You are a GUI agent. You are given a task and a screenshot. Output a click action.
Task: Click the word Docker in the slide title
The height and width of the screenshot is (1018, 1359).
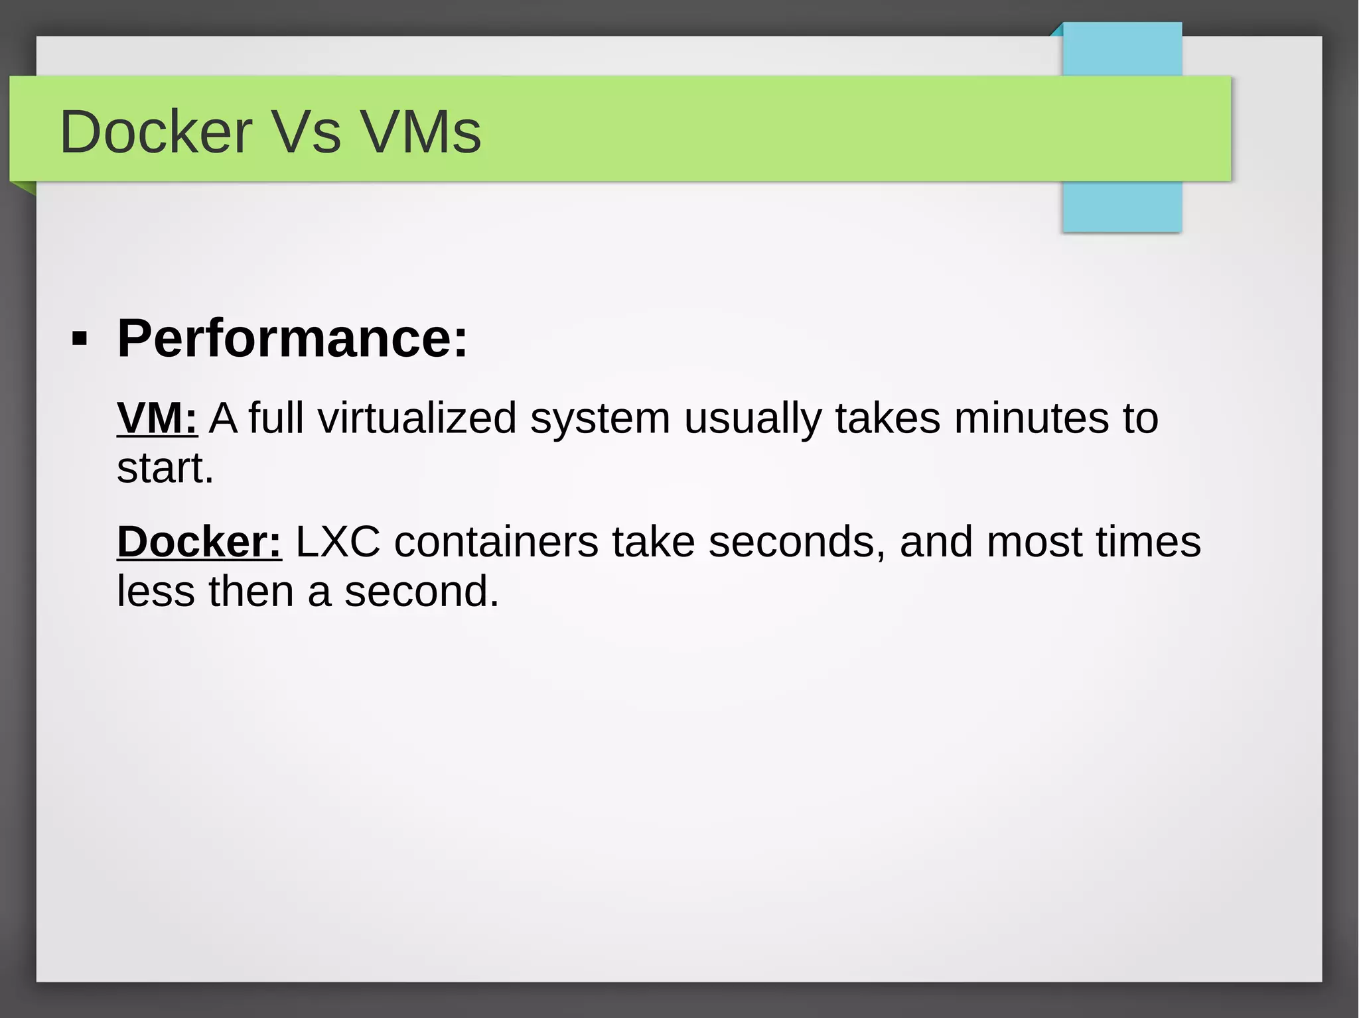(x=156, y=132)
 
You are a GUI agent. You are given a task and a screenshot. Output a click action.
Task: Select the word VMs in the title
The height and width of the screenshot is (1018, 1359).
(x=421, y=132)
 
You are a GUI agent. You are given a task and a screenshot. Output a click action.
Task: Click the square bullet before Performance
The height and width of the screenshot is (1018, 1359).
(x=80, y=340)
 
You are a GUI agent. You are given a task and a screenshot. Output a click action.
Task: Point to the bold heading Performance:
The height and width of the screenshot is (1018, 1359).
(x=293, y=338)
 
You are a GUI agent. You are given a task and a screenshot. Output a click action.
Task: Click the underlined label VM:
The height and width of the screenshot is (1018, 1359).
(x=157, y=418)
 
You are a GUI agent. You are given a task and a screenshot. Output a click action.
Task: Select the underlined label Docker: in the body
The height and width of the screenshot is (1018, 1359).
(x=199, y=542)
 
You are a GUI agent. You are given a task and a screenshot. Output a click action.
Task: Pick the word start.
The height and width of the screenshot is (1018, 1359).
(x=165, y=468)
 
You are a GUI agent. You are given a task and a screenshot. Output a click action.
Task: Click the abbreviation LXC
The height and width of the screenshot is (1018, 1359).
(x=338, y=542)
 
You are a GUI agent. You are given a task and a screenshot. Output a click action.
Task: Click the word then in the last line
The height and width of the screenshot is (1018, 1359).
(x=251, y=592)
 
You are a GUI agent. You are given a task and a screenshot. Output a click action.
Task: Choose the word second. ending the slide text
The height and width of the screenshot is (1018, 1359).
(x=421, y=592)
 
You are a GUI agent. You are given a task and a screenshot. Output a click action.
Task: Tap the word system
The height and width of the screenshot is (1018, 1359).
(x=600, y=419)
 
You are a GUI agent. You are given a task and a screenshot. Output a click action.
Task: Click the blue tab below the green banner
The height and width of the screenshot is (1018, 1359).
(x=1121, y=206)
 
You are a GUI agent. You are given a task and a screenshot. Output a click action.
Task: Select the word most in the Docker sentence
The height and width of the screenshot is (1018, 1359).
(x=1035, y=542)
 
